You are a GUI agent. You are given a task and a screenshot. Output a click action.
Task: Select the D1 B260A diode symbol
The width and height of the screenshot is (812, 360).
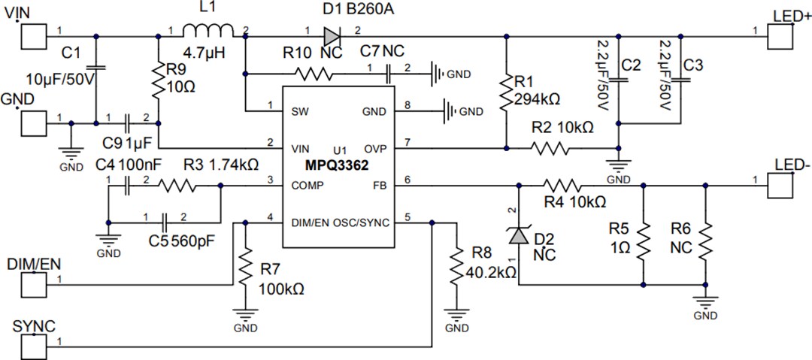[x=332, y=35]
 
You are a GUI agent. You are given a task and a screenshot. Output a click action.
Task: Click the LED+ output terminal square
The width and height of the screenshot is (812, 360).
[x=780, y=35]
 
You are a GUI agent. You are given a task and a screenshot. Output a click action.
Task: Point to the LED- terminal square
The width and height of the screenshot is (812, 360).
[x=780, y=183]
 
